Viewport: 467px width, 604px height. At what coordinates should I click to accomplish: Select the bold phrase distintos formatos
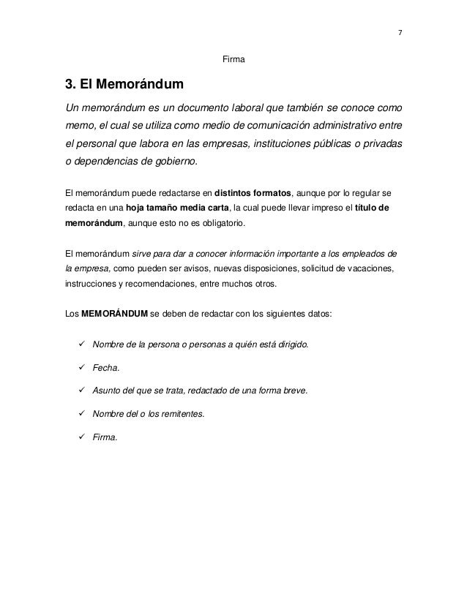pos(253,193)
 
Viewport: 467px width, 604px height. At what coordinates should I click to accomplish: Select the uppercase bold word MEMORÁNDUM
pos(113,315)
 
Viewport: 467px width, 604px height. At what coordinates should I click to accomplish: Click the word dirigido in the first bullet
pos(294,344)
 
